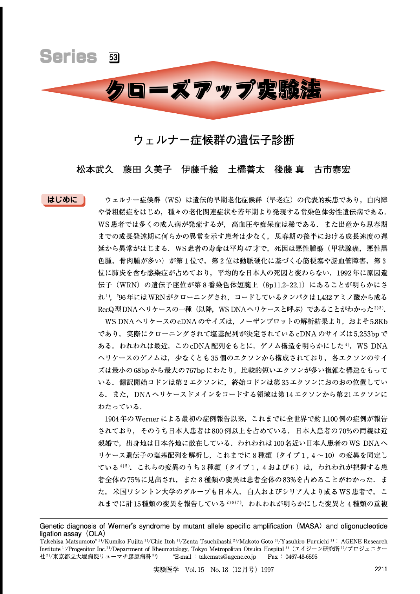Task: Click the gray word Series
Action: click(x=68, y=56)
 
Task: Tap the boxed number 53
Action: click(x=114, y=58)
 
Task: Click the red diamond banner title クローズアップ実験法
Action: click(x=213, y=90)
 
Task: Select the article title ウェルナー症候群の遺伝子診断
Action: click(x=214, y=140)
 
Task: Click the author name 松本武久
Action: click(x=95, y=169)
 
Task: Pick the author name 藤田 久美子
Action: click(x=147, y=169)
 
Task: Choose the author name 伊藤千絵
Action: click(x=200, y=169)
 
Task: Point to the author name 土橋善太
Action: click(x=246, y=169)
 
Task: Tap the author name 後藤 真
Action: click(x=289, y=169)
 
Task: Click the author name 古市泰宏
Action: click(x=332, y=169)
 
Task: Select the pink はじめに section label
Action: click(x=63, y=200)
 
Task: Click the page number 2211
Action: click(x=380, y=569)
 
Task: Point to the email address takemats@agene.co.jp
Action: click(x=227, y=557)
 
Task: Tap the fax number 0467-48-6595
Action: click(x=301, y=557)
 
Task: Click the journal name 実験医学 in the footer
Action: click(x=166, y=570)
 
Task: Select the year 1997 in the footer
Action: click(x=267, y=570)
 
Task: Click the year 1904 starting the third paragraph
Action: click(x=112, y=419)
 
